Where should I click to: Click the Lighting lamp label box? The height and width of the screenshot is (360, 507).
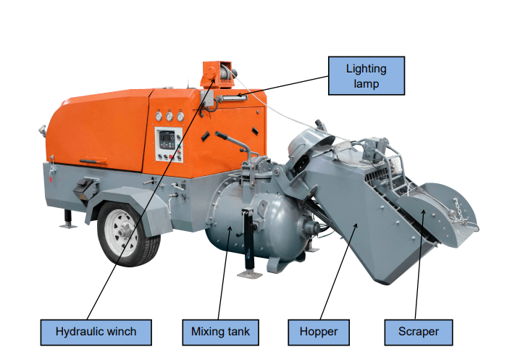click(366, 76)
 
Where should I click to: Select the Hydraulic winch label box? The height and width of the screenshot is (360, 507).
click(96, 332)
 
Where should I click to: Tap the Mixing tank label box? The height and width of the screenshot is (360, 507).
click(220, 332)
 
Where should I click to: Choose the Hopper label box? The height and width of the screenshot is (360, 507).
click(319, 332)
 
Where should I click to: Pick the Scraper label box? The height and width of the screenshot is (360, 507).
click(419, 332)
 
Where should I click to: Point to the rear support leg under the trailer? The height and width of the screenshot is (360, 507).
click(67, 217)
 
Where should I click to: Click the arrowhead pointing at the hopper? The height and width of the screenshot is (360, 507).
click(356, 226)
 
